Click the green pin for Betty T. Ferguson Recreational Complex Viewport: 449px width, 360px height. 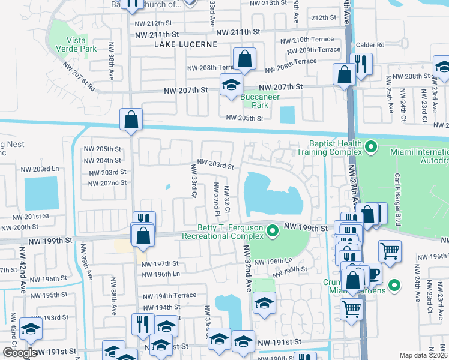[273, 230]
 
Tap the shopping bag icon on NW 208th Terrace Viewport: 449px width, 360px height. [244, 60]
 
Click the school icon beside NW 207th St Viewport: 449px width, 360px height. [231, 86]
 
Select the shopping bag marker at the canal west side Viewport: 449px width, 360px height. [130, 119]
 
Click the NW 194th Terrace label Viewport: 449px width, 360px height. [169, 296]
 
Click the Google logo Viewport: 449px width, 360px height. [20, 353]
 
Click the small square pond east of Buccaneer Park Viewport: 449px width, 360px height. [288, 114]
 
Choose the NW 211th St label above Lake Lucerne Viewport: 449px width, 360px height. [241, 32]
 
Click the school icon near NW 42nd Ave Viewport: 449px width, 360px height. [31, 328]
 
